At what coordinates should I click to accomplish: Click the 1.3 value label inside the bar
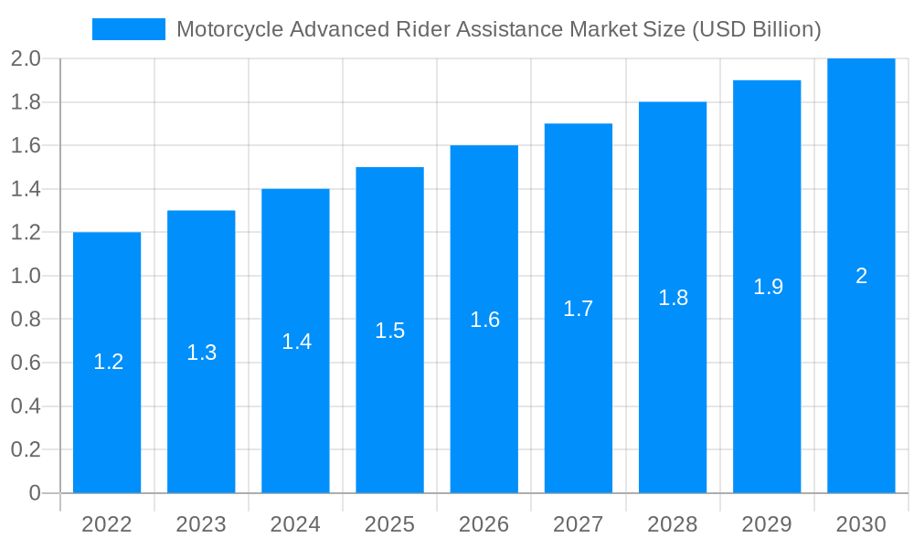click(201, 353)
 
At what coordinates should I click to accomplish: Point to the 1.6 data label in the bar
click(484, 320)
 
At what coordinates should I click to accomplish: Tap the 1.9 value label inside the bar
click(768, 287)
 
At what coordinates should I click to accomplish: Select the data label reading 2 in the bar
click(861, 276)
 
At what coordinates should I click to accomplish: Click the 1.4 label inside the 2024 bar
click(296, 342)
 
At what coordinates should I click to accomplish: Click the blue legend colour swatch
click(129, 29)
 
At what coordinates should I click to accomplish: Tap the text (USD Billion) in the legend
click(757, 29)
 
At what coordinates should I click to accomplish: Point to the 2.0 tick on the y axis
click(26, 59)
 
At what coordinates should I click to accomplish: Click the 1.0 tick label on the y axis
click(26, 277)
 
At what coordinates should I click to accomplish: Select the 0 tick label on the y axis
click(35, 493)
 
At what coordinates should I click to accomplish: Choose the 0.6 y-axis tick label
click(26, 364)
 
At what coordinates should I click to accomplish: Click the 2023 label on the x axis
click(201, 524)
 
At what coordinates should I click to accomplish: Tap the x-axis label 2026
click(484, 524)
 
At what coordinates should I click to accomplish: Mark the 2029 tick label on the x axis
click(767, 524)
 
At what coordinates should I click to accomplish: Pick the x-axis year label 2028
click(673, 524)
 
